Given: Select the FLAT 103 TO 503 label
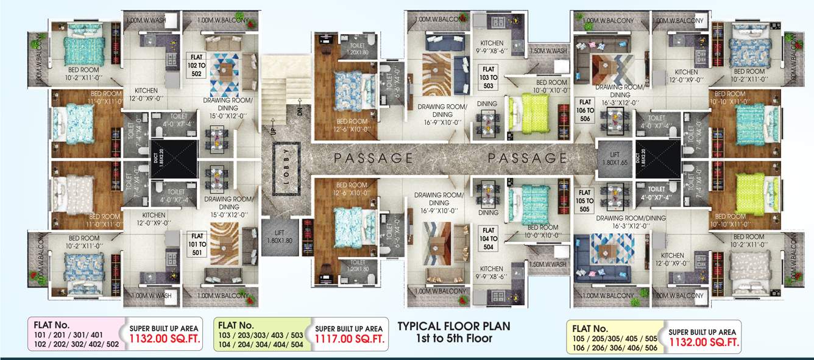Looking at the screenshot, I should (489, 77).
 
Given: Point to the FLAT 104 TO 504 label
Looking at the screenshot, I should (489, 238).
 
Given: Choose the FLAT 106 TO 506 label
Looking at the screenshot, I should (585, 110).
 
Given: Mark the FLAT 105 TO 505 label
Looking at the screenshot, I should (585, 200).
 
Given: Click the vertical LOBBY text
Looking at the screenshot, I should (288, 169).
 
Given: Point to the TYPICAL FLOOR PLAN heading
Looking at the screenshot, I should (453, 326).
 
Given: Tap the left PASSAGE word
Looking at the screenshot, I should (373, 158).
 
